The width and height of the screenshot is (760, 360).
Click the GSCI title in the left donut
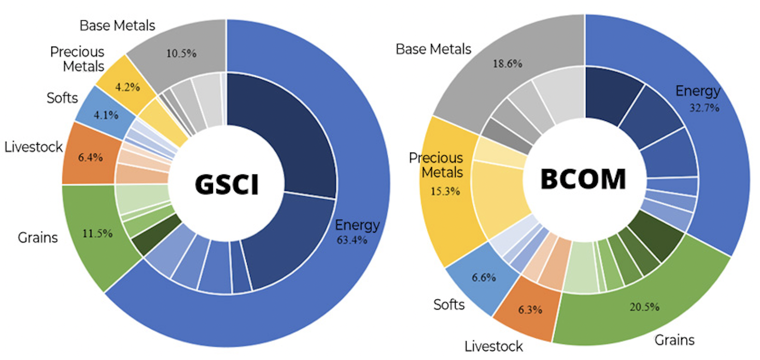point(227,184)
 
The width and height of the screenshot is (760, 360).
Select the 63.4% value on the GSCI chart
point(351,240)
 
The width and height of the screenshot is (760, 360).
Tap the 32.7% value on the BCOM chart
point(704,108)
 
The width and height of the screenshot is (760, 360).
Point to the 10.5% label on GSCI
point(181,53)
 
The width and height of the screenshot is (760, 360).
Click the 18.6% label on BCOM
point(506,64)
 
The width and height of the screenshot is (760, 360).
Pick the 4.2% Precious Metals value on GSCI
point(127,87)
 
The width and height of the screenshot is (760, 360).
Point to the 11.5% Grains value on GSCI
point(97,233)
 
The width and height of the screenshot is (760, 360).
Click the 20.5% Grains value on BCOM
point(644,307)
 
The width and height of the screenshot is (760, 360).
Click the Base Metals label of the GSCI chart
point(117,25)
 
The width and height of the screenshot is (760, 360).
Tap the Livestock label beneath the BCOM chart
point(494,346)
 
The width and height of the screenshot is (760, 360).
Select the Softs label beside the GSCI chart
point(62,98)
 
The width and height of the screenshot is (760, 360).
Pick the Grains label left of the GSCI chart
point(38,238)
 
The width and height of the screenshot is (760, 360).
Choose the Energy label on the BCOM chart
point(698,91)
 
